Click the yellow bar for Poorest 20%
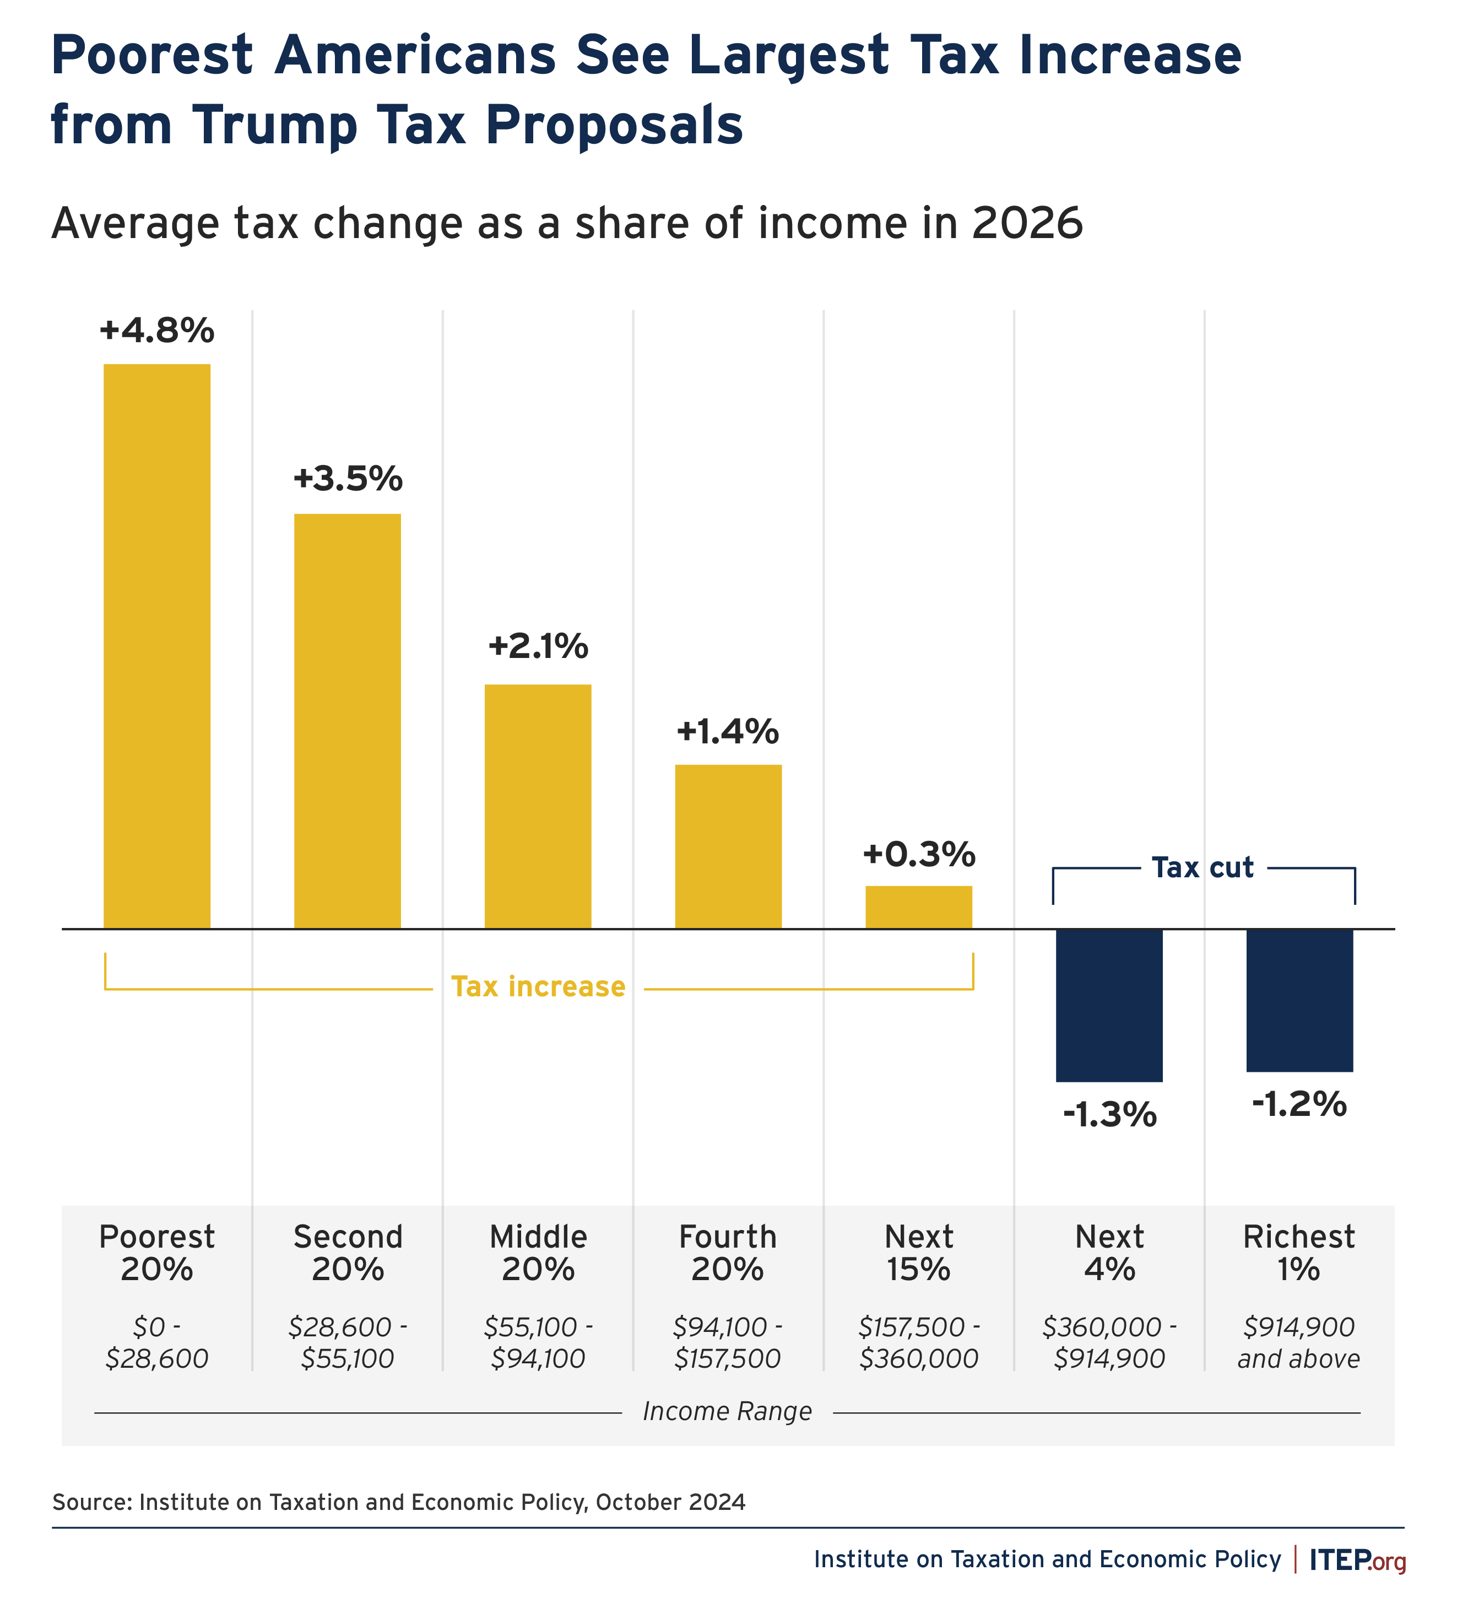click(x=157, y=646)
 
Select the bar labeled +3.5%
click(x=348, y=721)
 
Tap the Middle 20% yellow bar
click(x=538, y=806)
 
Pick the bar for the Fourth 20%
click(x=728, y=846)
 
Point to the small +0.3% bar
click(x=919, y=907)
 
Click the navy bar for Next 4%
click(x=1109, y=1005)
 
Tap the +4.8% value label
click(x=157, y=330)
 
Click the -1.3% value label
click(x=1109, y=1115)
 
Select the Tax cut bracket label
click(x=1203, y=868)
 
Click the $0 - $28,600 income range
click(x=157, y=1343)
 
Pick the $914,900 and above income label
click(x=1299, y=1343)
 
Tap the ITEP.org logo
click(x=1357, y=1560)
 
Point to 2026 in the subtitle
click(x=1027, y=223)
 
